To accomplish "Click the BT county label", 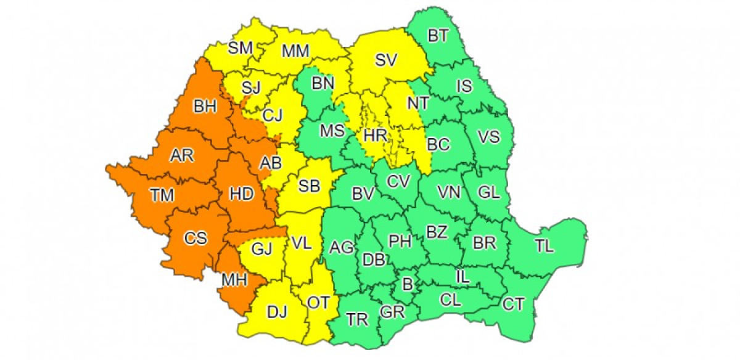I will [x=438, y=36].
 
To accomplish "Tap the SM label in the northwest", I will [x=240, y=48].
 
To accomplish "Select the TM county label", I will [x=162, y=195].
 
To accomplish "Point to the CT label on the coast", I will [x=513, y=303].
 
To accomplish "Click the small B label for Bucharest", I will [x=406, y=284].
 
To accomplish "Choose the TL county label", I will [x=544, y=247].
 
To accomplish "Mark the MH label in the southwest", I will [x=235, y=280].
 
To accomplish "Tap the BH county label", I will [x=205, y=107].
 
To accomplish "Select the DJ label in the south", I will [x=277, y=313].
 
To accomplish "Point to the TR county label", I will [x=357, y=319].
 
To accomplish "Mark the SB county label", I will [x=309, y=185].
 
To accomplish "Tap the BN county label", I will [x=323, y=82].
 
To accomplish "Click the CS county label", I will [x=195, y=237].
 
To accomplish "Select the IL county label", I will [x=462, y=277].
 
